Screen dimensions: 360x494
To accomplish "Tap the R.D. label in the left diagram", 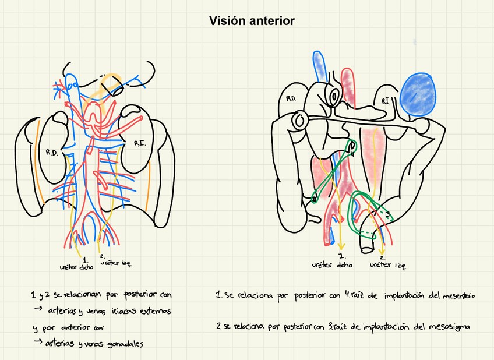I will (52, 153).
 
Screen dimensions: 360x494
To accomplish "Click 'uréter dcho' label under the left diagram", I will (76, 266).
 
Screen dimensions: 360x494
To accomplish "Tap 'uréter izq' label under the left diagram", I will (115, 263).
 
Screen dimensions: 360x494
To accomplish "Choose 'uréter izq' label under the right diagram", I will (387, 265).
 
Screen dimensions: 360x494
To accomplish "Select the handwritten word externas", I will (153, 311).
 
